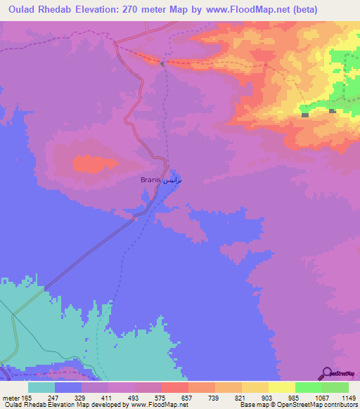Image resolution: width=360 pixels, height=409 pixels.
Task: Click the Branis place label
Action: click(x=151, y=180)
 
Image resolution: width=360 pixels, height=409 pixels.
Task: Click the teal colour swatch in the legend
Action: click(x=41, y=387)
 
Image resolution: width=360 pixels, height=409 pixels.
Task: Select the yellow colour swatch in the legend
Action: click(x=281, y=387)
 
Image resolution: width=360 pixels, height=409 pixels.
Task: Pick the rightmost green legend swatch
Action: click(x=335, y=387)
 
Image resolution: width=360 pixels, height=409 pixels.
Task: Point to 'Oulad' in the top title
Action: click(x=25, y=10)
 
